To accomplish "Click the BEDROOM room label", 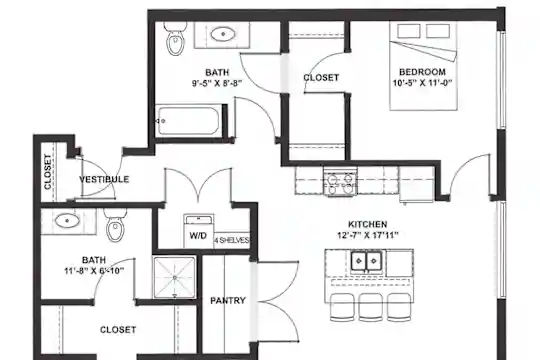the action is pos(422,72).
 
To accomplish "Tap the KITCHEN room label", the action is pos(367,224).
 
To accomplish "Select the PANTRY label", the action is pos(228,301).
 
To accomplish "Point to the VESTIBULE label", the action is pos(104,179).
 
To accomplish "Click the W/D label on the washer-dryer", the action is pos(198,236).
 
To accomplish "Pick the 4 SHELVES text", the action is pos(231,240).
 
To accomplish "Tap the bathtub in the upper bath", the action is pos(188,121).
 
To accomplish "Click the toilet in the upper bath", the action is pos(175,38).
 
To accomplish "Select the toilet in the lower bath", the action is pos(115,224).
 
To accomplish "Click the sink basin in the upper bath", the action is pos(223,34).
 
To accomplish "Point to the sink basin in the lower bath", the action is pos(68,220).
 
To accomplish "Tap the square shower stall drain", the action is pos(175,277).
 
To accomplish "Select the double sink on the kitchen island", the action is pos(366,261).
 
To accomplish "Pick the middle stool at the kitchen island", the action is pos(371,307).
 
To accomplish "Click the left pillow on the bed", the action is pos(408,31).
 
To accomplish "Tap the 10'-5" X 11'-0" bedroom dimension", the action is pos(422,83).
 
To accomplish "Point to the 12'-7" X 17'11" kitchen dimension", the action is pos(368,235).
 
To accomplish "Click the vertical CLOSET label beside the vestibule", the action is pos(48,172).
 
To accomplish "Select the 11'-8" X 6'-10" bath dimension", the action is pos(94,271).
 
